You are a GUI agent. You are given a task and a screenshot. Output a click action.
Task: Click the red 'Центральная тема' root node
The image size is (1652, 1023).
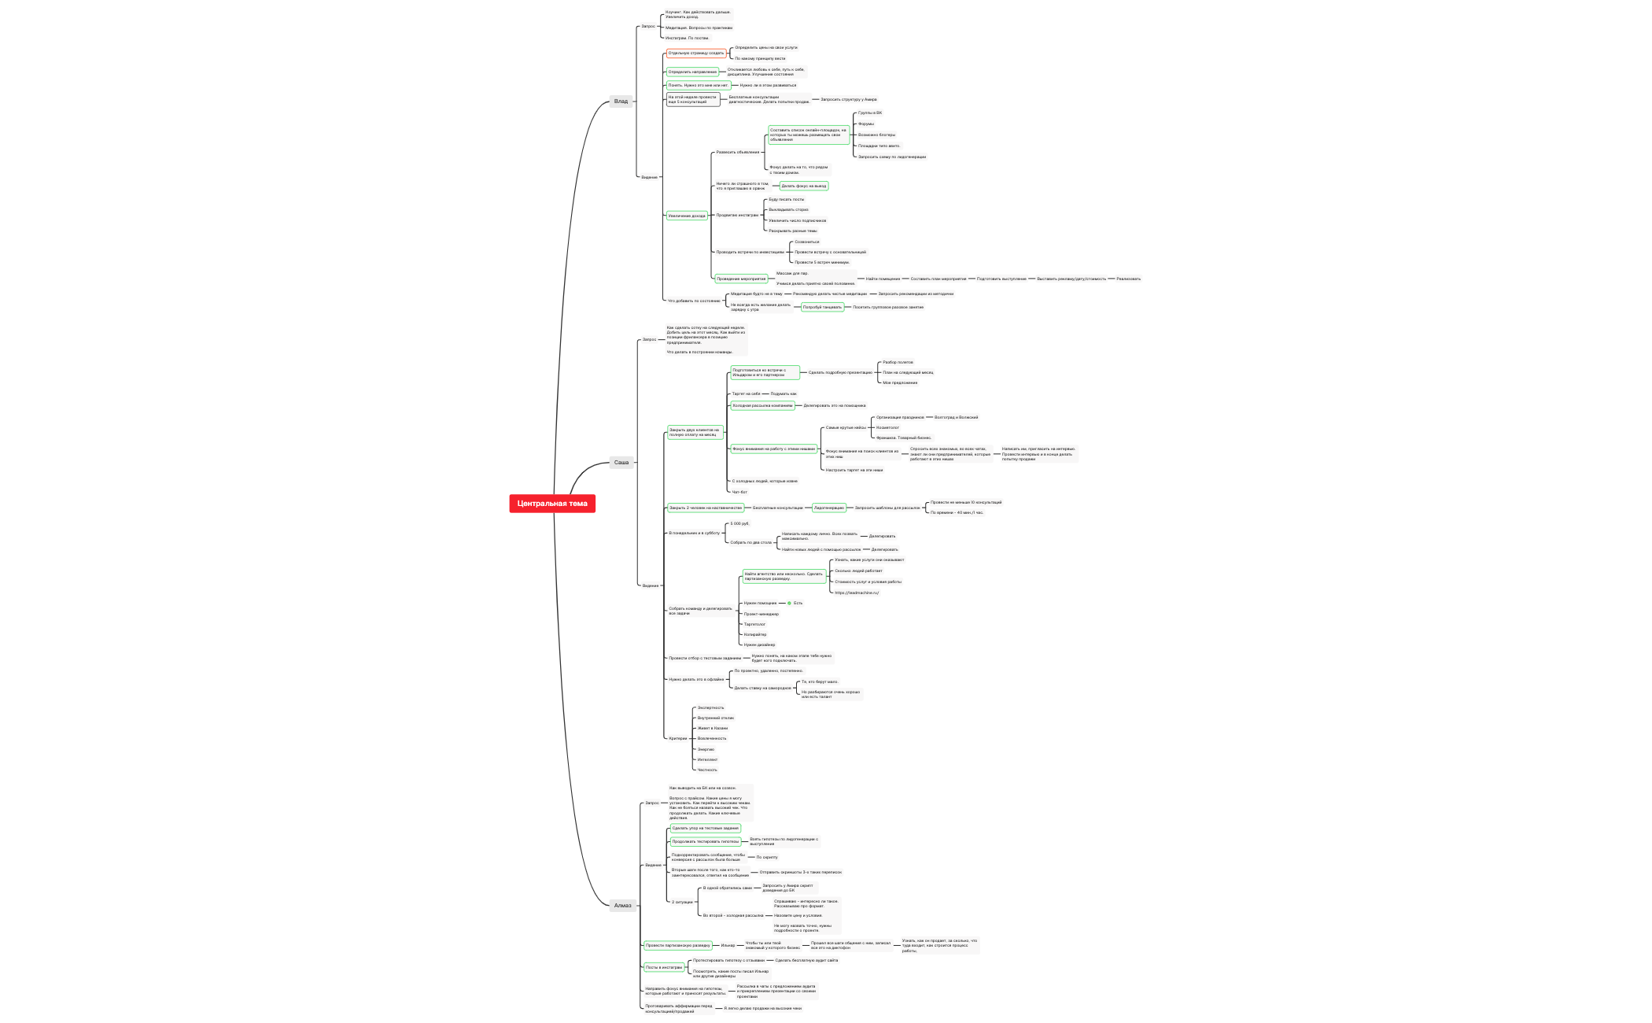coord(552,504)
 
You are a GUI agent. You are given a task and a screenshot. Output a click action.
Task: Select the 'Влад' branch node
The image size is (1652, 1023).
coord(621,101)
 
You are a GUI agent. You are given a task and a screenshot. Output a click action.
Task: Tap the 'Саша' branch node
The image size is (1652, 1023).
coord(621,463)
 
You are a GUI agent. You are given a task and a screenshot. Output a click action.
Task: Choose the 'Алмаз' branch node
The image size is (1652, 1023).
coord(622,905)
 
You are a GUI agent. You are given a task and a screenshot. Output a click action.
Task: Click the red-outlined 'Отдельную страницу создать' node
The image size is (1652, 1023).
coord(696,54)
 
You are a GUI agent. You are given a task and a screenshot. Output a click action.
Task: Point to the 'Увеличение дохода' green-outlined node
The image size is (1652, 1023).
coord(687,216)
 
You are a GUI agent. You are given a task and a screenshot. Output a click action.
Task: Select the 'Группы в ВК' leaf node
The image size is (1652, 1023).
coord(869,113)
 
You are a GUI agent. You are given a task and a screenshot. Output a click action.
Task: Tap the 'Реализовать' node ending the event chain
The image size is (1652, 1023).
coord(1128,279)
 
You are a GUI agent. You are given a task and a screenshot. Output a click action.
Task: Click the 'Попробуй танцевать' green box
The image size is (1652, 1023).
coord(822,307)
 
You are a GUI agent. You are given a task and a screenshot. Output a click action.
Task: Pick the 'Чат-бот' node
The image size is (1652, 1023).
coord(739,492)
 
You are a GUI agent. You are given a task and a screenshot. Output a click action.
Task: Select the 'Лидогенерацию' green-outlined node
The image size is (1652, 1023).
coord(828,508)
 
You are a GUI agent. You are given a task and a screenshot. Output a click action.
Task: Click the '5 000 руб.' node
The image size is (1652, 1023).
coord(739,523)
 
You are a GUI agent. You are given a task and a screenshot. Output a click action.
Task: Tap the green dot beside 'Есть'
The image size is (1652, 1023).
coord(789,603)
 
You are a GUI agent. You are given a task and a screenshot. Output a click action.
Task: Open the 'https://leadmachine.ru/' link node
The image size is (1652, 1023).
coord(857,593)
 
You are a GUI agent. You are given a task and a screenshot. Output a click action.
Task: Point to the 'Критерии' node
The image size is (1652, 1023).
coord(677,738)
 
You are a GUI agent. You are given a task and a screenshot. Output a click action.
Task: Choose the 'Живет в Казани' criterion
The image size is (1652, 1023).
coord(712,728)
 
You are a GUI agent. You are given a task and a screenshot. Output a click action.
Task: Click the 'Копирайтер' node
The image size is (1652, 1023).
coord(755,634)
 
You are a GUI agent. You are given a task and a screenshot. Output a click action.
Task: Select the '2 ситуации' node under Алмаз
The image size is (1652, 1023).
coord(682,902)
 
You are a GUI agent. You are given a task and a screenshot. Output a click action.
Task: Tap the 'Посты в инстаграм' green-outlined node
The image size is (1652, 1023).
coord(664,967)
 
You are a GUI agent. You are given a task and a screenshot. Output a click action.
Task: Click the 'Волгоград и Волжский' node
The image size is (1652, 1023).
coord(956,417)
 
